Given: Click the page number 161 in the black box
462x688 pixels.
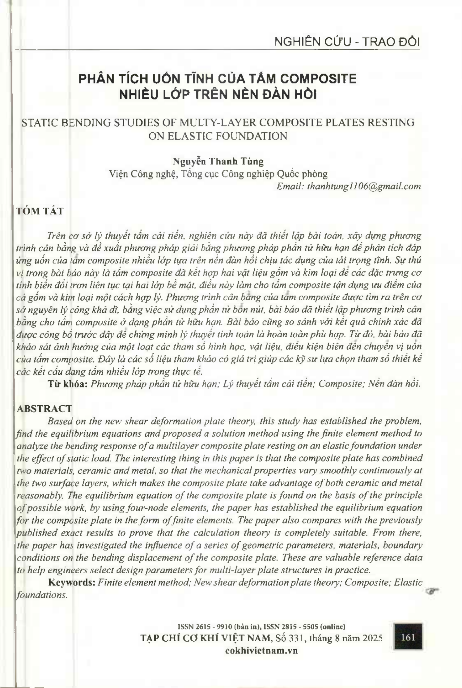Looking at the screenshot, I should coord(408,637).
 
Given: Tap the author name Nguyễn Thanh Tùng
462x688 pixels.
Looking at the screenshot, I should coord(218,161).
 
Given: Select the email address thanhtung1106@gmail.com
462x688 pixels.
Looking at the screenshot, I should coord(364,186).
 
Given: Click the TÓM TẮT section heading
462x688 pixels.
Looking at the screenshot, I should coord(40,211).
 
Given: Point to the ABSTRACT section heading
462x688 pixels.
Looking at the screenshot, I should coord(44,408).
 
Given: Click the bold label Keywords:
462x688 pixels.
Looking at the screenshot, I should coord(72,583).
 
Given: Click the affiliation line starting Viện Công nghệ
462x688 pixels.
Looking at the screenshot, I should coord(218,174).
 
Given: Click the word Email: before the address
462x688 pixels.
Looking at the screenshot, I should coord(290,186).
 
